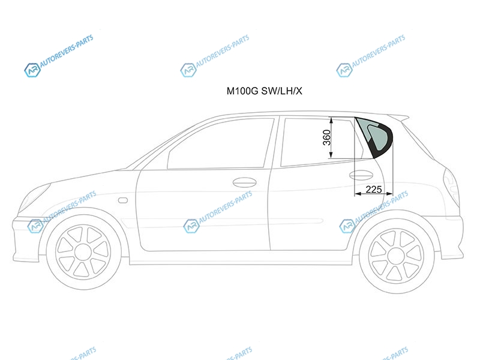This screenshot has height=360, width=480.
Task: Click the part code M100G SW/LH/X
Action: [x=264, y=91]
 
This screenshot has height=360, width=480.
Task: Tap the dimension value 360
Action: [x=327, y=138]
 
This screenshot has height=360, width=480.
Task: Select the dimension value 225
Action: [x=373, y=190]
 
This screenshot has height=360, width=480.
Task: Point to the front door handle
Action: [x=244, y=182]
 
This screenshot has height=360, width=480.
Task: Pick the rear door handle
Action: [x=361, y=175]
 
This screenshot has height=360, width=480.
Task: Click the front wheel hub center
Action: [x=83, y=253]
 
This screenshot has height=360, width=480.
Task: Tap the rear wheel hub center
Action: [x=397, y=256]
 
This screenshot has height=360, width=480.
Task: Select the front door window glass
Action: [x=220, y=143]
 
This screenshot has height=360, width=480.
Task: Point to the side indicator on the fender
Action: [x=123, y=200]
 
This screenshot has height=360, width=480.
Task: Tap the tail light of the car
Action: [x=451, y=187]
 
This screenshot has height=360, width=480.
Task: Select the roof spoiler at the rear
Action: [x=398, y=117]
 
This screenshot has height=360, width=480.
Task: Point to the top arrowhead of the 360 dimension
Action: [x=331, y=121]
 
